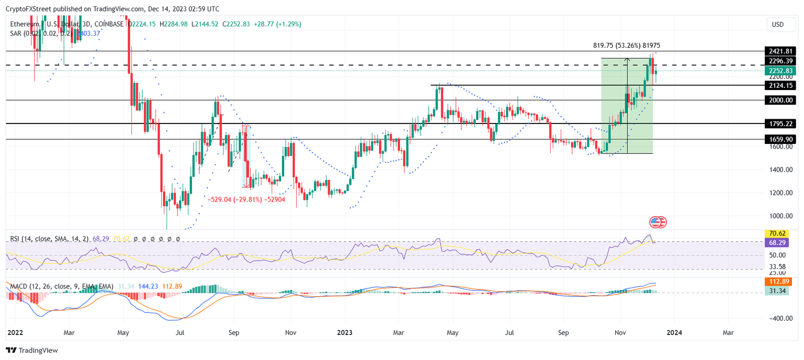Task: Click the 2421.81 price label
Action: pos(779,51)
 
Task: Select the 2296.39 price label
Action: pos(779,61)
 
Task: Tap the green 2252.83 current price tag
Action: pos(779,71)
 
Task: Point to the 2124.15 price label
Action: pos(779,85)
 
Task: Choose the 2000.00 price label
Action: pos(779,100)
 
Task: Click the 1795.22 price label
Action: pos(779,124)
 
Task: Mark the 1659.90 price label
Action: pos(779,140)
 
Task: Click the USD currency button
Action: pos(778,25)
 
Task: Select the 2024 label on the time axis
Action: pos(674,332)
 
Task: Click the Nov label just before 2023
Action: pos(291,332)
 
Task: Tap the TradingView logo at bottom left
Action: pos(32,350)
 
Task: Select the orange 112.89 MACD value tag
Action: pos(779,282)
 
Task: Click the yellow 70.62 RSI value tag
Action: pos(779,233)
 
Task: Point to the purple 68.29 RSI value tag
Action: pos(779,243)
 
